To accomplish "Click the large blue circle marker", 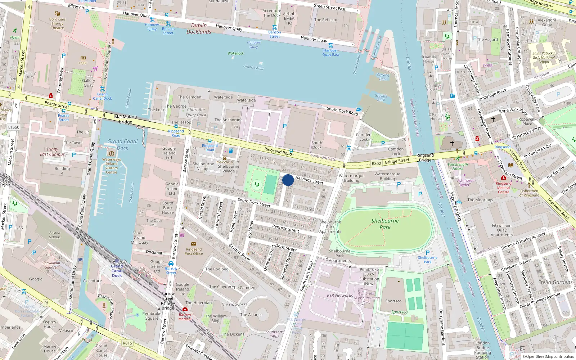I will click(288, 180).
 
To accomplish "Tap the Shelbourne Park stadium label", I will click(385, 224).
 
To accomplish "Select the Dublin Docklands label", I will click(199, 28).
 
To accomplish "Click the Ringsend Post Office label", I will click(194, 251).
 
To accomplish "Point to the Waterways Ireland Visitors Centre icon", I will click(111, 154).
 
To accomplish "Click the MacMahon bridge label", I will click(125, 119).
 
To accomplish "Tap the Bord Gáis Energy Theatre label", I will click(57, 23).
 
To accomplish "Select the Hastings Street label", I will click(309, 180).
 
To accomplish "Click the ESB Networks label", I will click(339, 296).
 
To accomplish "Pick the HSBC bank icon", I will click(83, 58).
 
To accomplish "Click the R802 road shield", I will click(376, 163).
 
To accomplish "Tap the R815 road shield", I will click(127, 343).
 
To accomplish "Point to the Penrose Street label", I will click(285, 228).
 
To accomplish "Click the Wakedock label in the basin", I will click(235, 53).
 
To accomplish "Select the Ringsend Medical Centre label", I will click(503, 188).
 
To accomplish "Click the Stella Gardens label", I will click(555, 282).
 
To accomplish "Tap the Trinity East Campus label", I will click(52, 152).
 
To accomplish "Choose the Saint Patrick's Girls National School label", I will click(544, 57).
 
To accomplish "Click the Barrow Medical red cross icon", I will click(185, 309).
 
